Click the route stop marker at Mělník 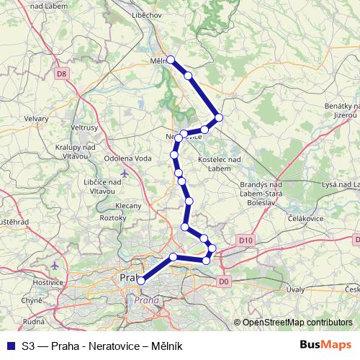[x=171, y=59]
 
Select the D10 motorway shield [x=245, y=240]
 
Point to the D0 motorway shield [x=223, y=281]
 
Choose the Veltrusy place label [x=84, y=127]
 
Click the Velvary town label [x=35, y=118]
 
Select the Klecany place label [x=128, y=205]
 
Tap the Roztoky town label [x=113, y=217]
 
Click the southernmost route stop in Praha [x=141, y=281]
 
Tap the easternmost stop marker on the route [x=219, y=117]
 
